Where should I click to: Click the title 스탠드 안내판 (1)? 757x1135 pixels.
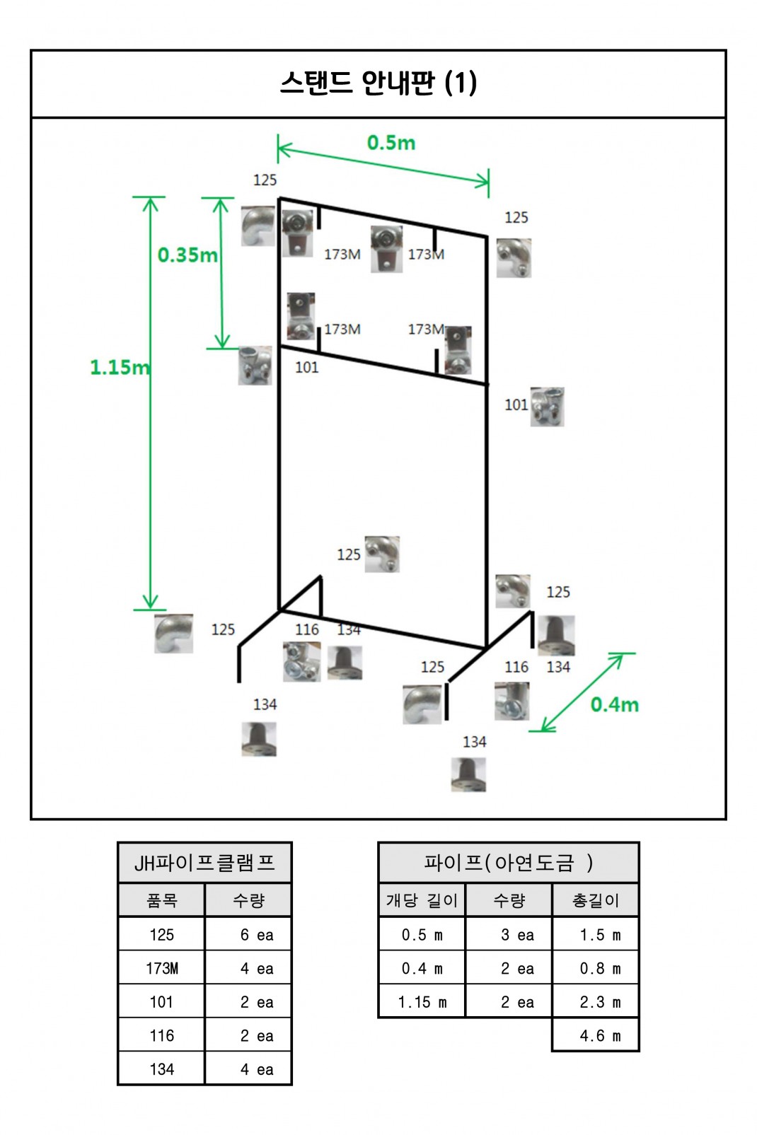click(378, 83)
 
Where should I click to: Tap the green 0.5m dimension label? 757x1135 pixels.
click(391, 143)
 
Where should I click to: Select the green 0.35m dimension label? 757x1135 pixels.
click(187, 255)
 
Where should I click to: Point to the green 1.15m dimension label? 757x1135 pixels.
click(120, 367)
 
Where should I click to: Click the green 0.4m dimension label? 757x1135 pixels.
click(614, 704)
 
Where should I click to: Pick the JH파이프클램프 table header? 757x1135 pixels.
click(204, 863)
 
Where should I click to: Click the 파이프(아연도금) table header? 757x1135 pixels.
click(508, 863)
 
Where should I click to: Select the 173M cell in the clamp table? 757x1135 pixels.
click(161, 968)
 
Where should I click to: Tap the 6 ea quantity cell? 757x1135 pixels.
click(256, 935)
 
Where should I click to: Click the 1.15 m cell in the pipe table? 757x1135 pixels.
click(422, 1002)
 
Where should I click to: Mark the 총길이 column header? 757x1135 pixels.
click(595, 900)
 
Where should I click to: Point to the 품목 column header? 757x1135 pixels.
click(161, 900)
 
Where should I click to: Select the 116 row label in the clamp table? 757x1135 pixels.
click(161, 1036)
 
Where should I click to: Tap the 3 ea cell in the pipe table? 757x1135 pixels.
click(516, 935)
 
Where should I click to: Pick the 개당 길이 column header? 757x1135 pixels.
click(422, 900)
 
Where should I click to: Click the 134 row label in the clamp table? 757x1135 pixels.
click(161, 1069)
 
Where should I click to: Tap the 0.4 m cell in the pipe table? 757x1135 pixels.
click(422, 968)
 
